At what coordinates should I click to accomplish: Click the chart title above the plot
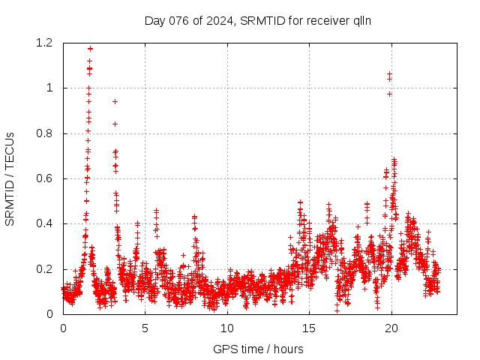(258, 21)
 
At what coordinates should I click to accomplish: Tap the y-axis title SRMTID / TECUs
(10, 178)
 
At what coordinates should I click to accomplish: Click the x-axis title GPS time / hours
(258, 349)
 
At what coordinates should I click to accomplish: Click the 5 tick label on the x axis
(145, 328)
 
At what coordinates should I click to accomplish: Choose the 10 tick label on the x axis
(227, 328)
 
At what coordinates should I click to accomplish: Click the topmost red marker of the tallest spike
(90, 49)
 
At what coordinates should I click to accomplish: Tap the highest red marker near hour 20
(389, 73)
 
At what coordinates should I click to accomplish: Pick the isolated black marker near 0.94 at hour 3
(115, 101)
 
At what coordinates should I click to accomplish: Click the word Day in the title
(154, 21)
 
